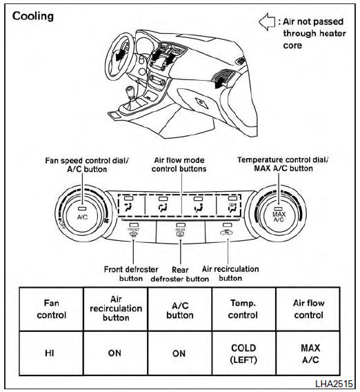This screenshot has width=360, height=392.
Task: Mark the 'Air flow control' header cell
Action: pyautogui.click(x=308, y=308)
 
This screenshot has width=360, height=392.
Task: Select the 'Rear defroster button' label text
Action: pyautogui.click(x=181, y=274)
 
